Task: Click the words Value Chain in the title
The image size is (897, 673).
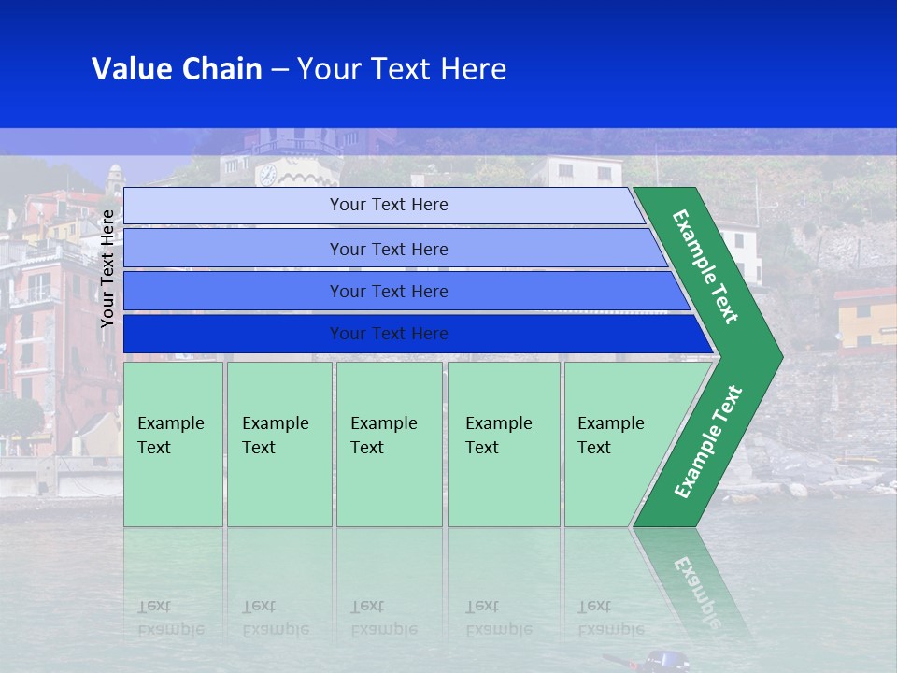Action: click(176, 69)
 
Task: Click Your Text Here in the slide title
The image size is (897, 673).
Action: click(402, 69)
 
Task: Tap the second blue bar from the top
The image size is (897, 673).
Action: click(388, 249)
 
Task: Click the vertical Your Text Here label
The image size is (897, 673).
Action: click(108, 268)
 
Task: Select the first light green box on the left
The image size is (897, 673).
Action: click(173, 444)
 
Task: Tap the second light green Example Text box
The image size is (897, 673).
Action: click(278, 444)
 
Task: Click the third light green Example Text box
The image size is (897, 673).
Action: click(389, 444)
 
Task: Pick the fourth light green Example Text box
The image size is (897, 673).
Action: click(504, 444)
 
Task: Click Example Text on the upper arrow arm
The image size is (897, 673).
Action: click(705, 266)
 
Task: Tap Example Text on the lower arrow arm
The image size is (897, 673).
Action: click(708, 442)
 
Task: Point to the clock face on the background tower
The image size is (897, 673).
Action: click(267, 174)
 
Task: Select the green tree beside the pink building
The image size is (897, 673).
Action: click(21, 416)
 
